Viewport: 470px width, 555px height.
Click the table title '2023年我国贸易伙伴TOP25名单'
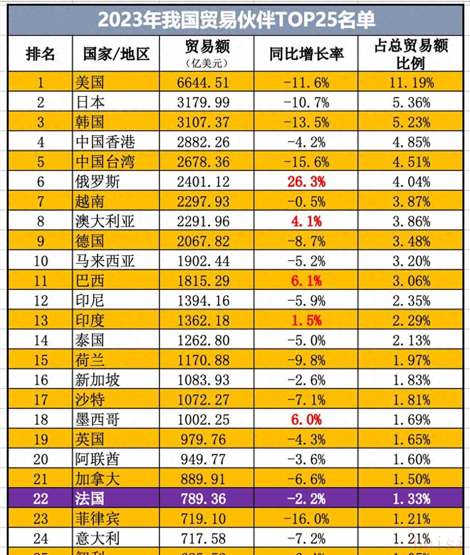coord(236,20)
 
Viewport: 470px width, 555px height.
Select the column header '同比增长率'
coord(306,54)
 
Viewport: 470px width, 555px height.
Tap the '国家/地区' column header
coord(116,54)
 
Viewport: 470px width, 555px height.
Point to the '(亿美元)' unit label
coord(206,63)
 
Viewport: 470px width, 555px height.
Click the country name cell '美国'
coord(90,83)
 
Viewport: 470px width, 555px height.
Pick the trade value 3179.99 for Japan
coord(203,102)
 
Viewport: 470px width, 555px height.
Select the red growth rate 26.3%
coord(306,181)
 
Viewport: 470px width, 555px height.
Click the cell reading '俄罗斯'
coord(98,181)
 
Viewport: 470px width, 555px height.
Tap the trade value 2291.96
coord(203,221)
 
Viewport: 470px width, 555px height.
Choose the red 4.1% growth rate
coord(306,221)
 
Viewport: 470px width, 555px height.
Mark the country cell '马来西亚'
coord(105,261)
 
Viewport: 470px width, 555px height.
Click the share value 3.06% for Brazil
coord(411,281)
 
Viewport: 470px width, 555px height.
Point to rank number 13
coord(41,320)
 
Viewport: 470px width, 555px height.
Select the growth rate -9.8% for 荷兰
coord(306,360)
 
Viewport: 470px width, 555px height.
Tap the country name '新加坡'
coord(98,380)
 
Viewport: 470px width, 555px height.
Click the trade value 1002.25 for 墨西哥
coord(203,420)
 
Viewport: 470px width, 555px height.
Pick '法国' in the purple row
coord(90,499)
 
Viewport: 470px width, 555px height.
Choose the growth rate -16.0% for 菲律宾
coord(306,519)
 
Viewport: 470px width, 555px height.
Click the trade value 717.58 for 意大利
coord(203,539)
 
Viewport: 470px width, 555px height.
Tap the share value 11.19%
coord(411,83)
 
